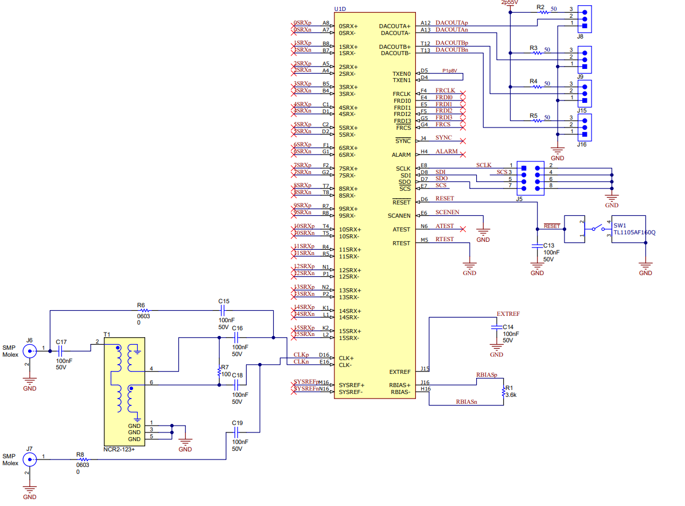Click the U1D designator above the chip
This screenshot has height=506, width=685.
(340, 9)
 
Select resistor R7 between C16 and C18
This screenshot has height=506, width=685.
(219, 372)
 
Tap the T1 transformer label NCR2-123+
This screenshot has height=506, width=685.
(119, 449)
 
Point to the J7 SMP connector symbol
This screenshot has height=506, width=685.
(29, 459)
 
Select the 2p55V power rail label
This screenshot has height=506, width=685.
(509, 3)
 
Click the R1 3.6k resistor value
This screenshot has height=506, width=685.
(511, 395)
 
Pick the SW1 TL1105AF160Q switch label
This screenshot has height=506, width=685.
(634, 233)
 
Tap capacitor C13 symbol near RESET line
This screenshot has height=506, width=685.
(537, 245)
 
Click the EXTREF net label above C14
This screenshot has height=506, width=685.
(508, 314)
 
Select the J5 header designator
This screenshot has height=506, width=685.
(519, 199)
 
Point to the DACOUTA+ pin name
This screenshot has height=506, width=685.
(395, 26)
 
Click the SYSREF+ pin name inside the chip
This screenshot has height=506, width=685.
(351, 385)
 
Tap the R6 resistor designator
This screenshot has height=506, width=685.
(141, 306)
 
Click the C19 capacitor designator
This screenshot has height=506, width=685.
(238, 423)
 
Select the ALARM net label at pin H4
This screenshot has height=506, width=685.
(446, 152)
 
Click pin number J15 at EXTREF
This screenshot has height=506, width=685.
(425, 369)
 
